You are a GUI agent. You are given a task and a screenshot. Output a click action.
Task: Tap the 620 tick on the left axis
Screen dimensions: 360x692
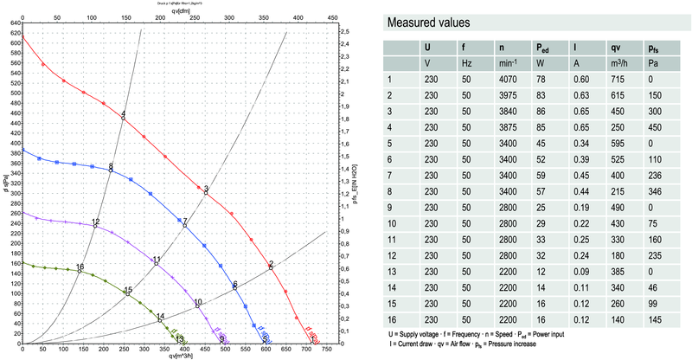(x=14, y=32)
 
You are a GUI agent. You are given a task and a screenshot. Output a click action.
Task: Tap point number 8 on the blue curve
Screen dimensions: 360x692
(x=112, y=170)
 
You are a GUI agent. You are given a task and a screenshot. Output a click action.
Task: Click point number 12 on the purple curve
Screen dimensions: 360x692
(x=95, y=225)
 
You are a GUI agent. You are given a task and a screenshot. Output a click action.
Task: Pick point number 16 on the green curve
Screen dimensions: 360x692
(x=80, y=270)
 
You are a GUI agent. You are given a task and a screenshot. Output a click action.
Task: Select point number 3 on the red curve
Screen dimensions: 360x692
(x=206, y=192)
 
